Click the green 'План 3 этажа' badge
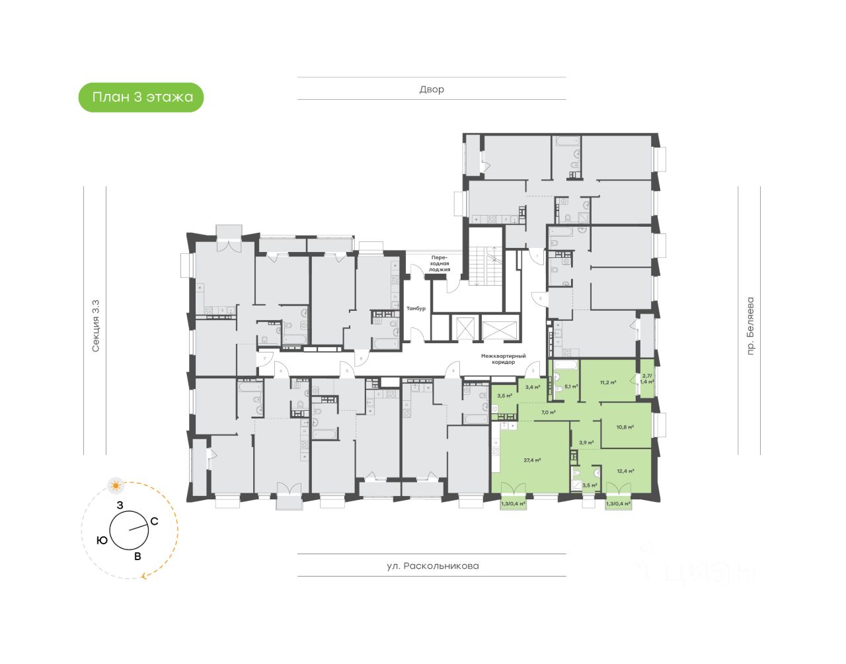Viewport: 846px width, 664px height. (x=141, y=97)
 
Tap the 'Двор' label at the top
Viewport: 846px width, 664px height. (x=432, y=89)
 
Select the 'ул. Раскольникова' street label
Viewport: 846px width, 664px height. (x=432, y=566)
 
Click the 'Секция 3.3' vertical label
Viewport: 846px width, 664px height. (x=96, y=325)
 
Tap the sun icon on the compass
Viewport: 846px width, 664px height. (x=116, y=486)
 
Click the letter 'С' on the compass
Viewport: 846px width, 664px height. (x=154, y=521)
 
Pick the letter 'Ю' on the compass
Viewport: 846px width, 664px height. (x=102, y=540)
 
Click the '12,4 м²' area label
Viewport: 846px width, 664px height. (x=625, y=471)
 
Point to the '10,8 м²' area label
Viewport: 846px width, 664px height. (x=625, y=427)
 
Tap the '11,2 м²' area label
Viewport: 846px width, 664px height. (x=608, y=382)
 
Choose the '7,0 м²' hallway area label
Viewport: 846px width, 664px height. (x=549, y=412)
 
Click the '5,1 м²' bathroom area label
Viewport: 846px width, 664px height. (x=570, y=387)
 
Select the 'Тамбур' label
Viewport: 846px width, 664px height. (x=416, y=309)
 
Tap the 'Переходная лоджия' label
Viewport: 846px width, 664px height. (x=440, y=263)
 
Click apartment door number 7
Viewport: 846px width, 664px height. (x=264, y=358)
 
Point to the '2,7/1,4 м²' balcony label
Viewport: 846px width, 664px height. (x=647, y=379)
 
